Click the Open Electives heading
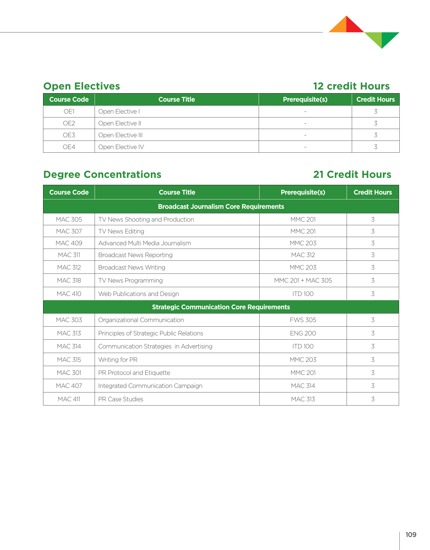click(x=82, y=86)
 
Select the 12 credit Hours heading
click(x=351, y=86)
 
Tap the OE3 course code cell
click(x=69, y=135)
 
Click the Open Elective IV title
click(x=121, y=147)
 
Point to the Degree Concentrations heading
click(x=102, y=175)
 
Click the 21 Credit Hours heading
click(x=352, y=175)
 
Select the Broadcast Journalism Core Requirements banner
click(x=221, y=207)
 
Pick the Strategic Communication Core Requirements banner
click(x=221, y=307)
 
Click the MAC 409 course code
click(x=69, y=243)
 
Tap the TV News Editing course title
click(x=121, y=231)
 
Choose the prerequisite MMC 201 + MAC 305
click(x=303, y=280)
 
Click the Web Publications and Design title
click(x=139, y=294)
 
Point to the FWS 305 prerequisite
click(x=303, y=320)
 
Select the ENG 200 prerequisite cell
click(x=303, y=333)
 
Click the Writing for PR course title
click(x=118, y=360)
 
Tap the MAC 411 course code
click(x=69, y=399)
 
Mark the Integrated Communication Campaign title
click(x=150, y=386)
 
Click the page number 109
click(x=411, y=535)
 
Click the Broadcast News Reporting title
click(x=135, y=255)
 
